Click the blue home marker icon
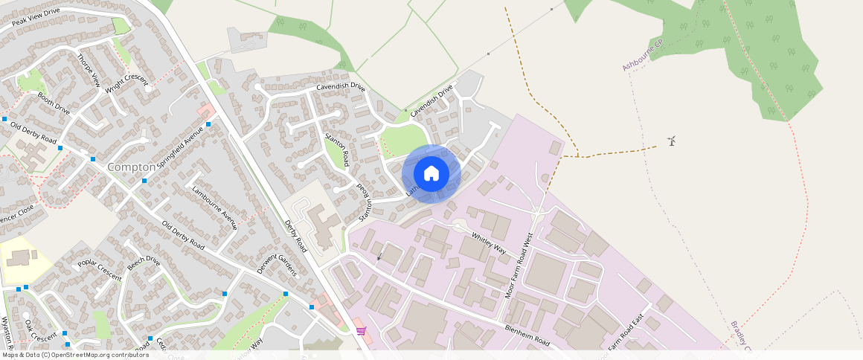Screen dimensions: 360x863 [431, 173]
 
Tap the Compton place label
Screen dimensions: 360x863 [132, 167]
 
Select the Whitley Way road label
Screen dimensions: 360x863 [489, 243]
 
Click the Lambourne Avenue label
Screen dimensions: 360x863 [214, 207]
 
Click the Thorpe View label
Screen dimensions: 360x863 [88, 70]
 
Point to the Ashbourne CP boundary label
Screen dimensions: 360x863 [642, 56]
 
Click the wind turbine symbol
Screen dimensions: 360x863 [672, 141]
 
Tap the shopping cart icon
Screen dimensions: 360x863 [361, 330]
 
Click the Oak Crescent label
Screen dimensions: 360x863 [40, 330]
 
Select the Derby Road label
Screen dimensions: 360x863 [295, 236]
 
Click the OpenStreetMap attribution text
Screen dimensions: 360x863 [74, 355]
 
